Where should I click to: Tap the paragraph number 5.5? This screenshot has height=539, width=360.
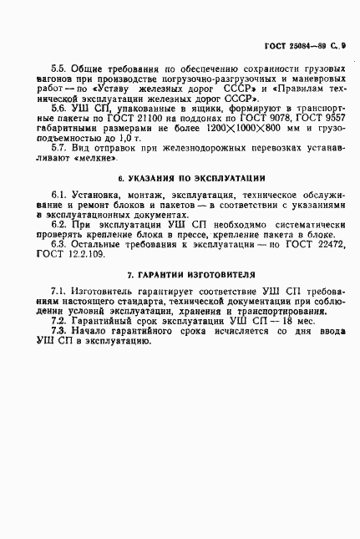click(59, 88)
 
